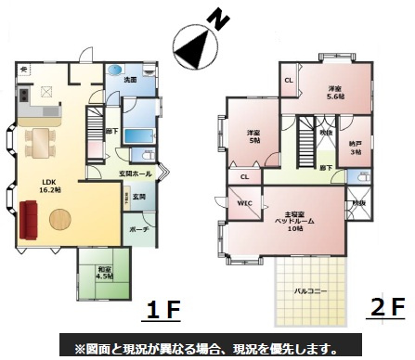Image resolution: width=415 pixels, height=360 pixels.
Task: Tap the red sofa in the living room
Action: [x=29, y=220]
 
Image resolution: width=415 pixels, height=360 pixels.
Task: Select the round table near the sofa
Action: [x=60, y=220]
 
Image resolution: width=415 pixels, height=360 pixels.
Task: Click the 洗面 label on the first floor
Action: [x=130, y=80]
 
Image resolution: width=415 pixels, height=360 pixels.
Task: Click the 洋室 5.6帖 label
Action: [x=335, y=91]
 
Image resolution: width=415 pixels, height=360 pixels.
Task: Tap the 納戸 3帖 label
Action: [x=354, y=146]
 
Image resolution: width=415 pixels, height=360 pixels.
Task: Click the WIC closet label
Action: [x=245, y=203]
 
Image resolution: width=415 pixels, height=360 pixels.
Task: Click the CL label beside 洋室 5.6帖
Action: [x=289, y=81]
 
